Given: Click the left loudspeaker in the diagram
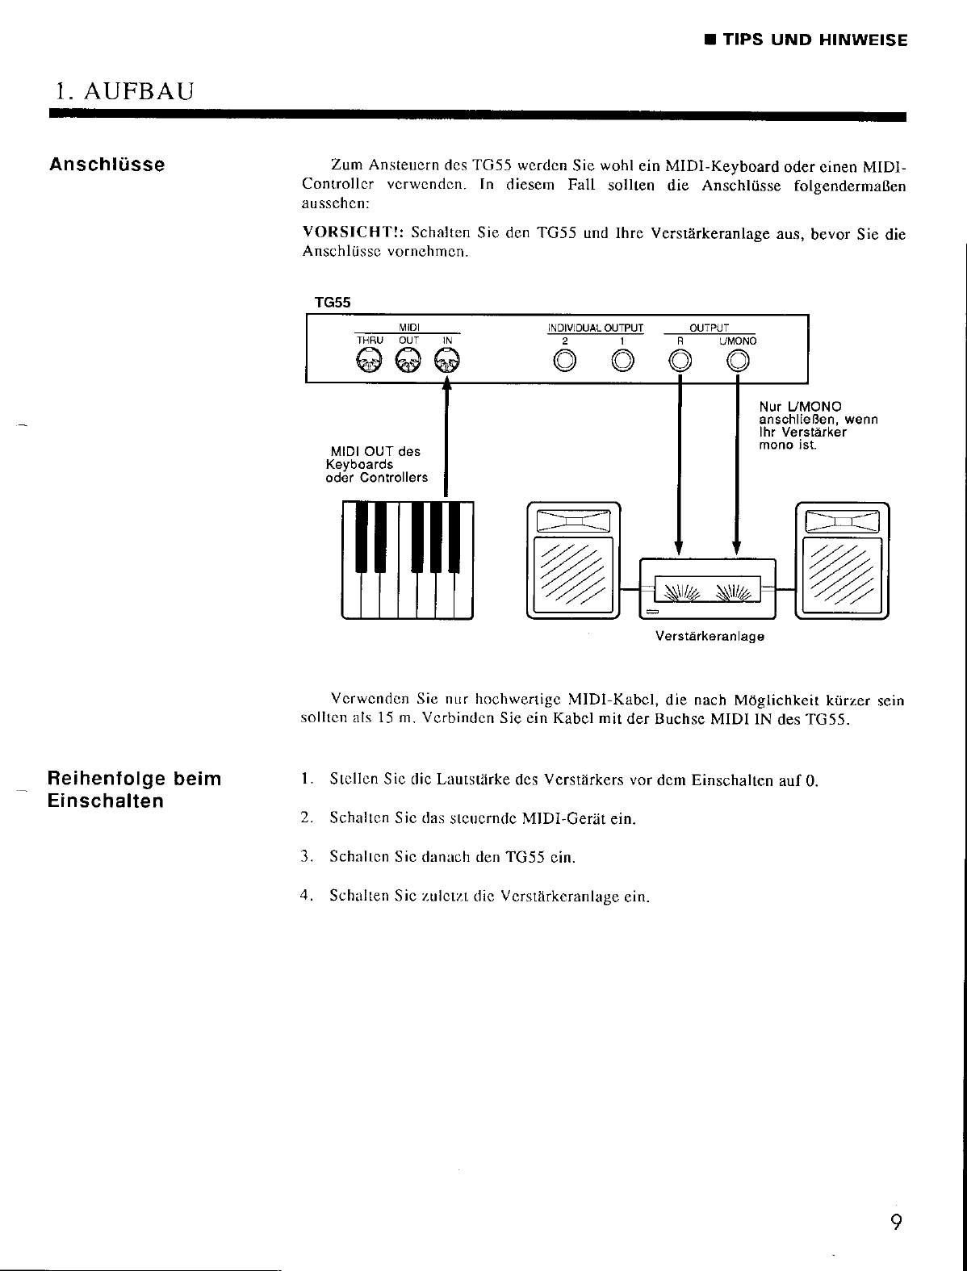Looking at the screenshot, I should (572, 559).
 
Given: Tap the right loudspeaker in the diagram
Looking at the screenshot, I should (842, 559).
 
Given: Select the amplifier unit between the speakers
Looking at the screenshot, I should (707, 588).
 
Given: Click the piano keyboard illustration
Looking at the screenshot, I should (407, 559).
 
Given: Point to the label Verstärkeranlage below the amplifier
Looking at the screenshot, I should (710, 637).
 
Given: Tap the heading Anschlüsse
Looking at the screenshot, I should (107, 165).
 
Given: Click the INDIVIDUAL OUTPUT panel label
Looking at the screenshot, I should (596, 328).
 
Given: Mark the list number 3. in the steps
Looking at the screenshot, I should (305, 857).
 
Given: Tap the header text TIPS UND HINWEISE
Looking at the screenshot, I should (814, 40).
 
